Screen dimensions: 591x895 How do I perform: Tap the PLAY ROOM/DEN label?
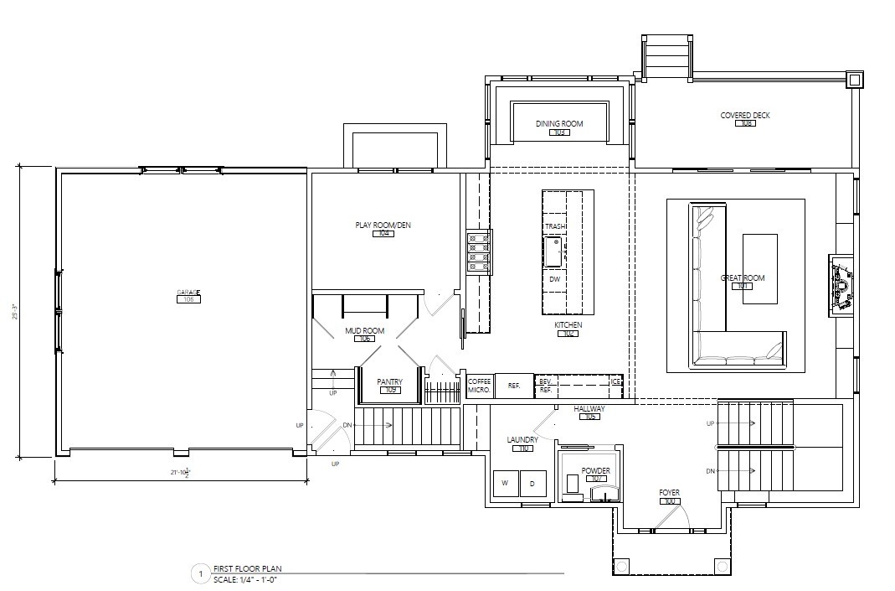(383, 225)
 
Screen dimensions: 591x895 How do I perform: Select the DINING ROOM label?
(559, 124)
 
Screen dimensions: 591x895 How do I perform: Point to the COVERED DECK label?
(744, 116)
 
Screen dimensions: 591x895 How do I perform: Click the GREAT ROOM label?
(742, 278)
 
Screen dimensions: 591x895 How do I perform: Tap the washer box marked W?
(506, 483)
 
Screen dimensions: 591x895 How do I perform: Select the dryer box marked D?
(532, 483)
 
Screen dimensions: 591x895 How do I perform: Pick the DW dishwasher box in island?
(554, 279)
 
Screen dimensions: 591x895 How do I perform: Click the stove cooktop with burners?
(479, 251)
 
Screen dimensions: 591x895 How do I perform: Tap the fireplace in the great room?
(840, 285)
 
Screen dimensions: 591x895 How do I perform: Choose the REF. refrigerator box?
(514, 386)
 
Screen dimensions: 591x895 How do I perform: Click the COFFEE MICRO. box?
(479, 386)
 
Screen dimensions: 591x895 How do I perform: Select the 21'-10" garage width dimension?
(180, 474)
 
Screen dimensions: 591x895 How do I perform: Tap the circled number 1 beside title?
(199, 574)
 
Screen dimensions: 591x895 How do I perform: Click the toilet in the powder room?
(573, 485)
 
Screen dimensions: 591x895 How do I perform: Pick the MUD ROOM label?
(364, 331)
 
